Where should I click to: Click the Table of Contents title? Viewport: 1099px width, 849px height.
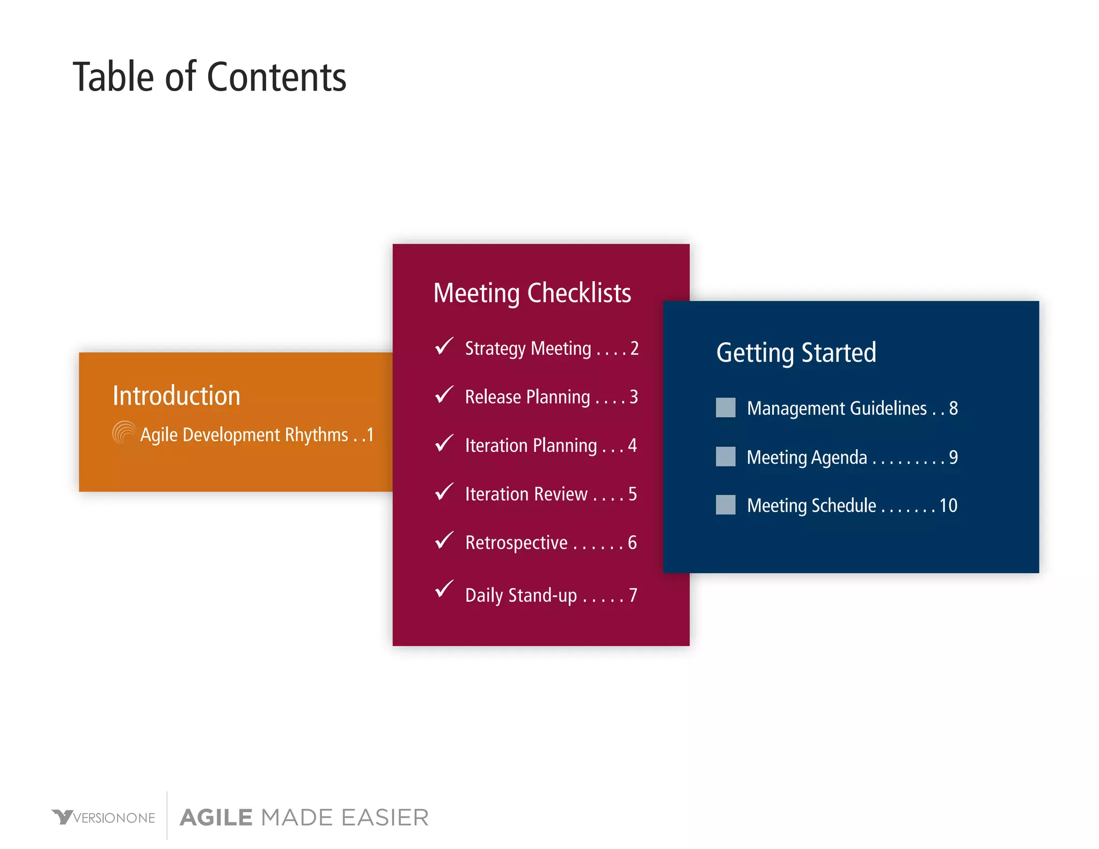pyautogui.click(x=209, y=77)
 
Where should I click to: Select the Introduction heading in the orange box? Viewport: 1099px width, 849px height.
pyautogui.click(x=176, y=396)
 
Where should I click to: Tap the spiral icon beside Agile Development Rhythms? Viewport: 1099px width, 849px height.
pyautogui.click(x=124, y=433)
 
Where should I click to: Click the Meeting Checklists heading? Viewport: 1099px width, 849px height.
pyautogui.click(x=532, y=293)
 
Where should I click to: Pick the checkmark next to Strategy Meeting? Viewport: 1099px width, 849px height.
pyautogui.click(x=444, y=346)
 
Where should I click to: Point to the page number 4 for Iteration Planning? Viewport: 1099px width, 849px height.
pyautogui.click(x=632, y=445)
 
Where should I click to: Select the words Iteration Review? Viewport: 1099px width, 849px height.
pyautogui.click(x=526, y=494)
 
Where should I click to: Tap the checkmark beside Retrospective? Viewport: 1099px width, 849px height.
pyautogui.click(x=444, y=540)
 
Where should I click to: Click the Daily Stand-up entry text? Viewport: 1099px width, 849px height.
pyautogui.click(x=521, y=595)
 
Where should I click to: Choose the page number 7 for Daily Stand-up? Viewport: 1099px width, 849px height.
pyautogui.click(x=633, y=595)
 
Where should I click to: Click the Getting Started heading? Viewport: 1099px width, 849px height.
pyautogui.click(x=796, y=353)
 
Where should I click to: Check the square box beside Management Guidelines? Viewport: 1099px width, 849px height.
pyautogui.click(x=726, y=407)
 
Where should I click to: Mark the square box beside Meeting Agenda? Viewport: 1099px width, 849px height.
pyautogui.click(x=726, y=456)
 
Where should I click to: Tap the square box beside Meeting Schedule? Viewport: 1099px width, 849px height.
pyautogui.click(x=726, y=504)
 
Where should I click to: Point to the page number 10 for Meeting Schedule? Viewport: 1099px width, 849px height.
pyautogui.click(x=948, y=506)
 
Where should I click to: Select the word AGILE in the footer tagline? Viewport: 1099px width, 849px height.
pyautogui.click(x=216, y=817)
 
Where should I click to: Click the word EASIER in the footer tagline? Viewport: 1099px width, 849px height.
pyautogui.click(x=385, y=817)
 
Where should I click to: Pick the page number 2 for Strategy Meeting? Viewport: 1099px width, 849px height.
pyautogui.click(x=634, y=348)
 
